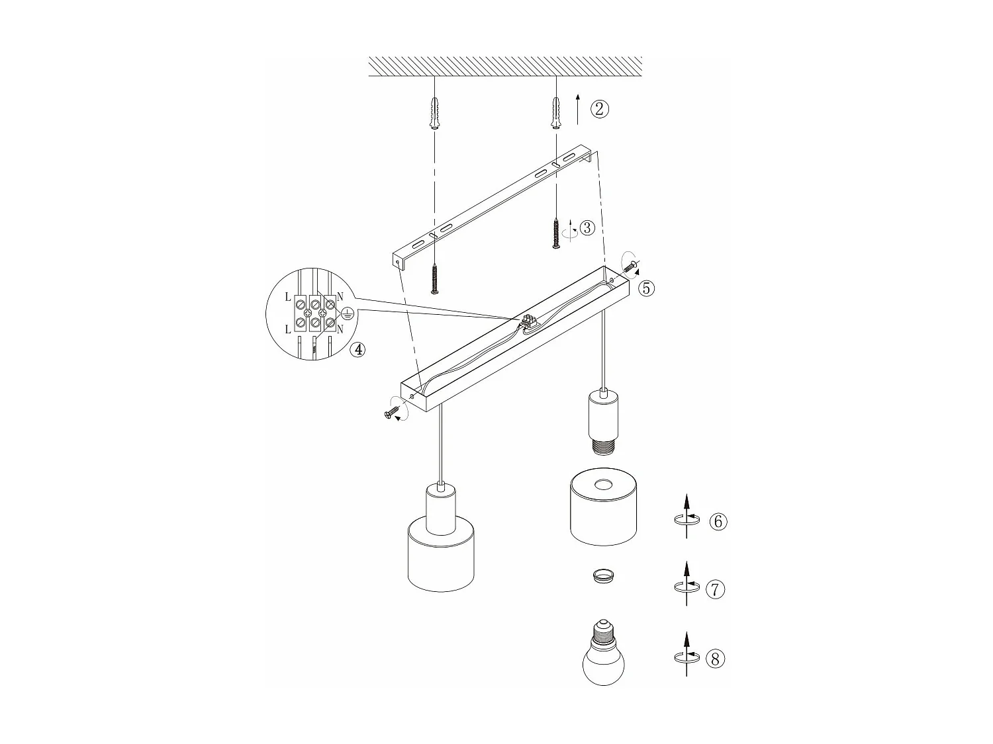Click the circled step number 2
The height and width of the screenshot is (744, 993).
point(599,108)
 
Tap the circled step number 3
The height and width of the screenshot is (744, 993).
point(587,228)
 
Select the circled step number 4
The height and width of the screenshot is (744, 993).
point(357,350)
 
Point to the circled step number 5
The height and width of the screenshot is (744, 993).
point(646,288)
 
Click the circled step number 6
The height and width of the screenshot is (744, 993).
point(718,521)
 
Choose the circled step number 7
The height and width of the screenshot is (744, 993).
point(716,589)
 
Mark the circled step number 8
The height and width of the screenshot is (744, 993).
point(716,659)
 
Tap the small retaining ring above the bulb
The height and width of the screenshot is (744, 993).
point(602,576)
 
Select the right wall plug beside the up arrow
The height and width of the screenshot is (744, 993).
point(555,110)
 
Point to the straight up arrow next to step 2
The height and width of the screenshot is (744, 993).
point(577,109)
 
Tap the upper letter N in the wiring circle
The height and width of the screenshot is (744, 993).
point(340,297)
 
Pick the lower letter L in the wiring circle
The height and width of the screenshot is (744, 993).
point(287,329)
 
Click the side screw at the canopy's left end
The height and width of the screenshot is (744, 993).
point(391,413)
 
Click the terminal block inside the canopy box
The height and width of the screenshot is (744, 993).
point(529,322)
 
